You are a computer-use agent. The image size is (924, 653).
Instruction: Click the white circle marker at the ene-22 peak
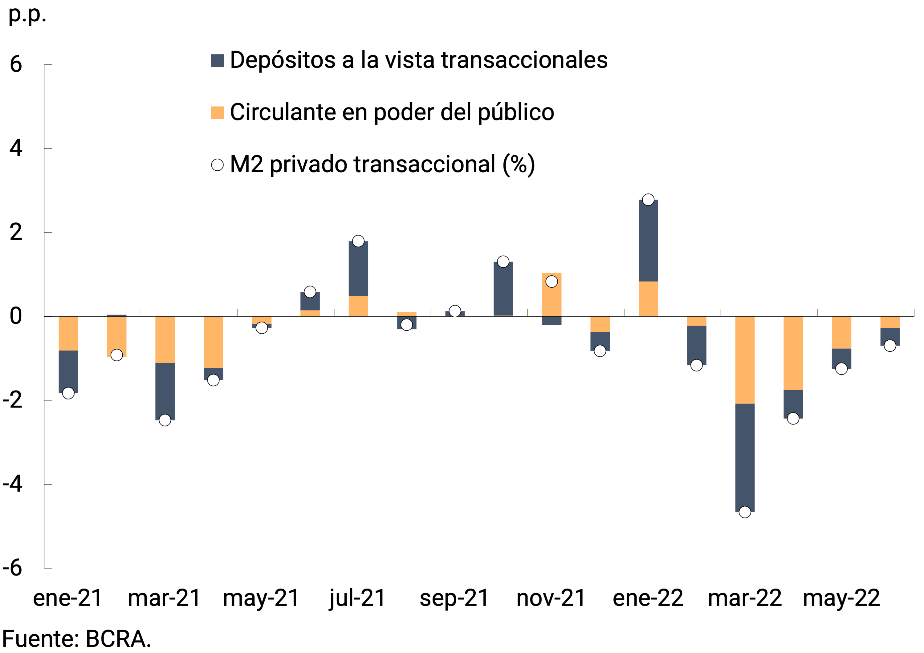(648, 200)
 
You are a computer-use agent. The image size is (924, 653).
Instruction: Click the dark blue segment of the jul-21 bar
(358, 269)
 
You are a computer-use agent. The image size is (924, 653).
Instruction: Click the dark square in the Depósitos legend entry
(217, 60)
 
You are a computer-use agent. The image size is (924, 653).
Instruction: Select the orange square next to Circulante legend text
(217, 113)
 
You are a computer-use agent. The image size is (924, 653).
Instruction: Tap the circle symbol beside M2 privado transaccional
(217, 165)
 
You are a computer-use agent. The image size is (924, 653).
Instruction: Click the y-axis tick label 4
(16, 148)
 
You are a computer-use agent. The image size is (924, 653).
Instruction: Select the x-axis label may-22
(841, 598)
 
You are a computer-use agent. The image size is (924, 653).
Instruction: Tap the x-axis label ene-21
(67, 598)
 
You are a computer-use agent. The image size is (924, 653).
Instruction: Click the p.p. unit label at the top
(27, 15)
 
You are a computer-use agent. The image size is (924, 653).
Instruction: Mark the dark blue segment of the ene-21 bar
(68, 372)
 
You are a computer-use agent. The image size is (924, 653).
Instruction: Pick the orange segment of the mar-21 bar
(165, 339)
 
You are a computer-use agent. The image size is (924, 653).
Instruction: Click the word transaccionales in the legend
(524, 60)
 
